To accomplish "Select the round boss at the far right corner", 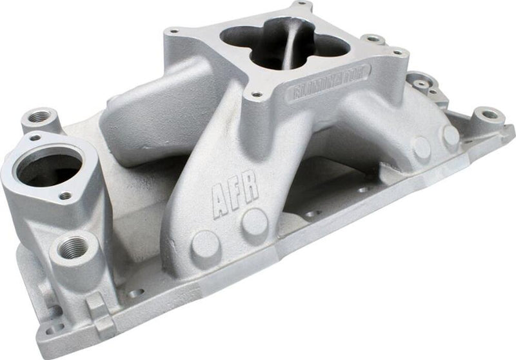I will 490,115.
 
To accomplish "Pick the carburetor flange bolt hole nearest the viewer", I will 256,95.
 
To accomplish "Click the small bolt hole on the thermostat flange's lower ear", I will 65,194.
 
